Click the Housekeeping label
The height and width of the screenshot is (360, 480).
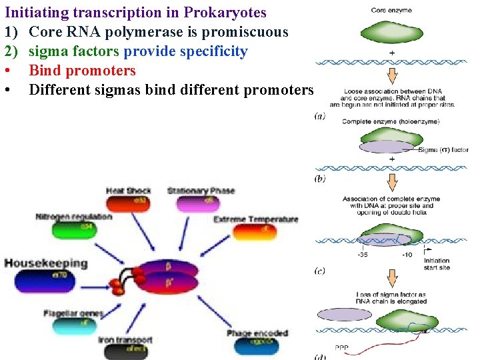click(45, 263)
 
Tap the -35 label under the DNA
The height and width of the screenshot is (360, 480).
click(363, 255)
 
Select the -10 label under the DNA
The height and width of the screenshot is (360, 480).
click(407, 255)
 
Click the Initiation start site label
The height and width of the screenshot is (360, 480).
click(437, 264)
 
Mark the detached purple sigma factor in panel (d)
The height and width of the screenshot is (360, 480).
click(345, 314)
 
